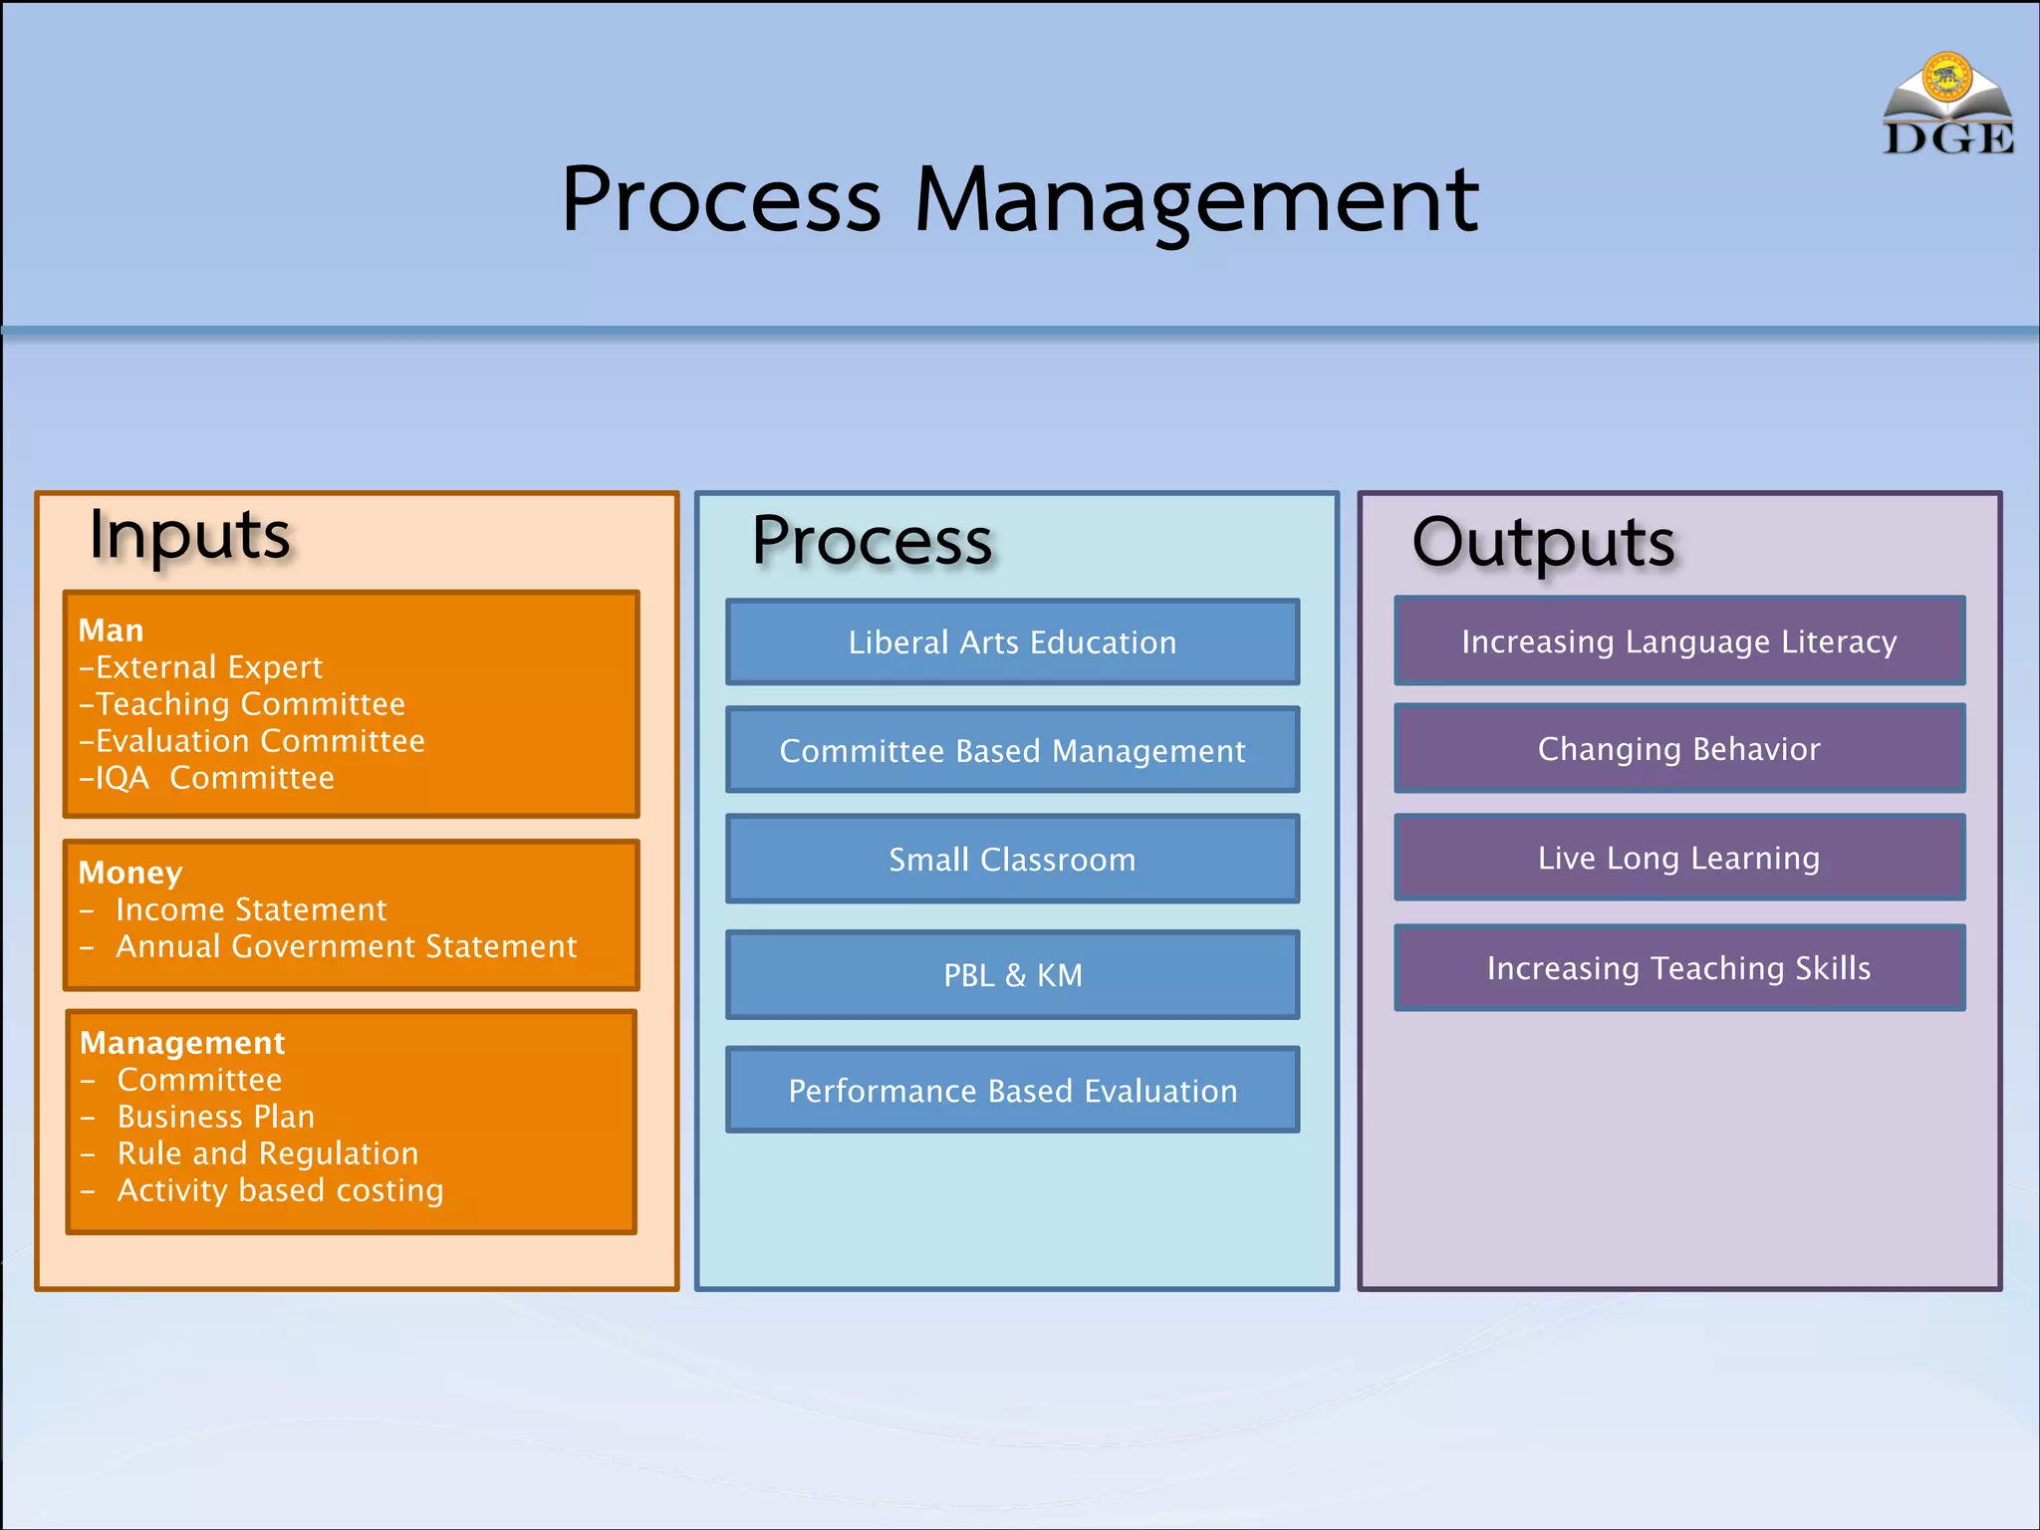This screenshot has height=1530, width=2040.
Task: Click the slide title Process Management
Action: coord(1019,200)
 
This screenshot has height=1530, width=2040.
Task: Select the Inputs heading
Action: coord(189,536)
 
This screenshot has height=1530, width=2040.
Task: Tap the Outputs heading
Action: coord(1543,543)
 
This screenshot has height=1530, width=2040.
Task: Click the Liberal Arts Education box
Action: coord(1012,642)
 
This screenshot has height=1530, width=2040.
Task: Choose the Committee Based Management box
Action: coord(1012,750)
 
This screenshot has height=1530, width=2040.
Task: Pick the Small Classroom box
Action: coord(1012,859)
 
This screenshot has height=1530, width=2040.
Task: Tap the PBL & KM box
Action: coord(1012,974)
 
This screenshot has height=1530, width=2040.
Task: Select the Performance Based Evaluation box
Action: coord(1012,1090)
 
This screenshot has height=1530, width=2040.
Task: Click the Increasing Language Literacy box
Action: coord(1678,641)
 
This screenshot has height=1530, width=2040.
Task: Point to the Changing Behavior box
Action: coord(1678,748)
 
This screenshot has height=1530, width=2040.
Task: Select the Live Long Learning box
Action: coord(1678,858)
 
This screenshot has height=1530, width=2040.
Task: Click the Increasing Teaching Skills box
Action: coord(1678,967)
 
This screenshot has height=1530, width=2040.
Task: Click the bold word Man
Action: coord(111,631)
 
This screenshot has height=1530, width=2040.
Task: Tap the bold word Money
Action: coord(130,873)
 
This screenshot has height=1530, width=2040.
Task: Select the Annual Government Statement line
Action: coord(346,946)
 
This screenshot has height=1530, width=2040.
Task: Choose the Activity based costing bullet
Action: coord(280,1190)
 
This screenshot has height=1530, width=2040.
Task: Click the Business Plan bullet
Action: coord(215,1117)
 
